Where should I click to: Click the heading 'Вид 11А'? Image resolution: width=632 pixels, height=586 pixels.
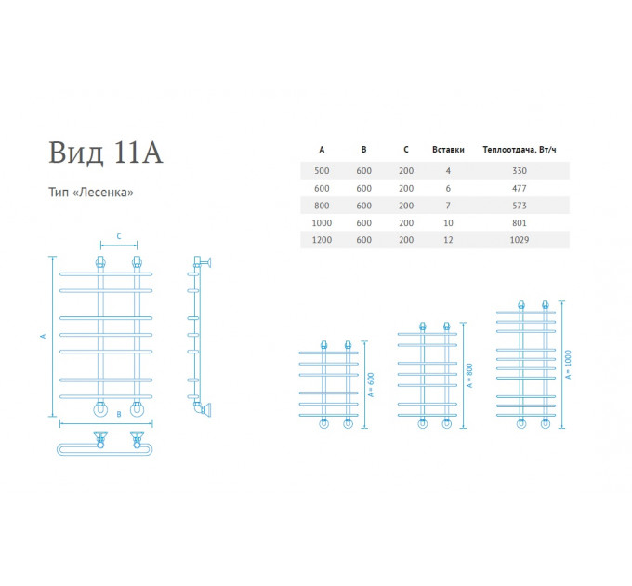click(x=106, y=153)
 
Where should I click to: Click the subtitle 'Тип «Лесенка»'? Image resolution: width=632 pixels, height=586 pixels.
click(x=91, y=192)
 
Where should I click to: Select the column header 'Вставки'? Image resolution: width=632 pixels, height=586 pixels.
click(x=448, y=150)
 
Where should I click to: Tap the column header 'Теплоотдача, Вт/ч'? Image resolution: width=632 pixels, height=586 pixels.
click(x=520, y=150)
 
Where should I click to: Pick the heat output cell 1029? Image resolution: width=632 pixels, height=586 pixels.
click(x=520, y=240)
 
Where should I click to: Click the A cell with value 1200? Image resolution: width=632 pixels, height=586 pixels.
click(x=322, y=240)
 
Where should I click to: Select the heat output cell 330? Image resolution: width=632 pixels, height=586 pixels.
click(x=520, y=171)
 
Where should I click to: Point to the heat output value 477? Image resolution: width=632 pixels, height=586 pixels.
click(x=520, y=188)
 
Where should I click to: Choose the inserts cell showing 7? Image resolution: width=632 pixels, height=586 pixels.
click(x=448, y=206)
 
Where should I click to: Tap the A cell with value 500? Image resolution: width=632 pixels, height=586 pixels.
click(x=322, y=171)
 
